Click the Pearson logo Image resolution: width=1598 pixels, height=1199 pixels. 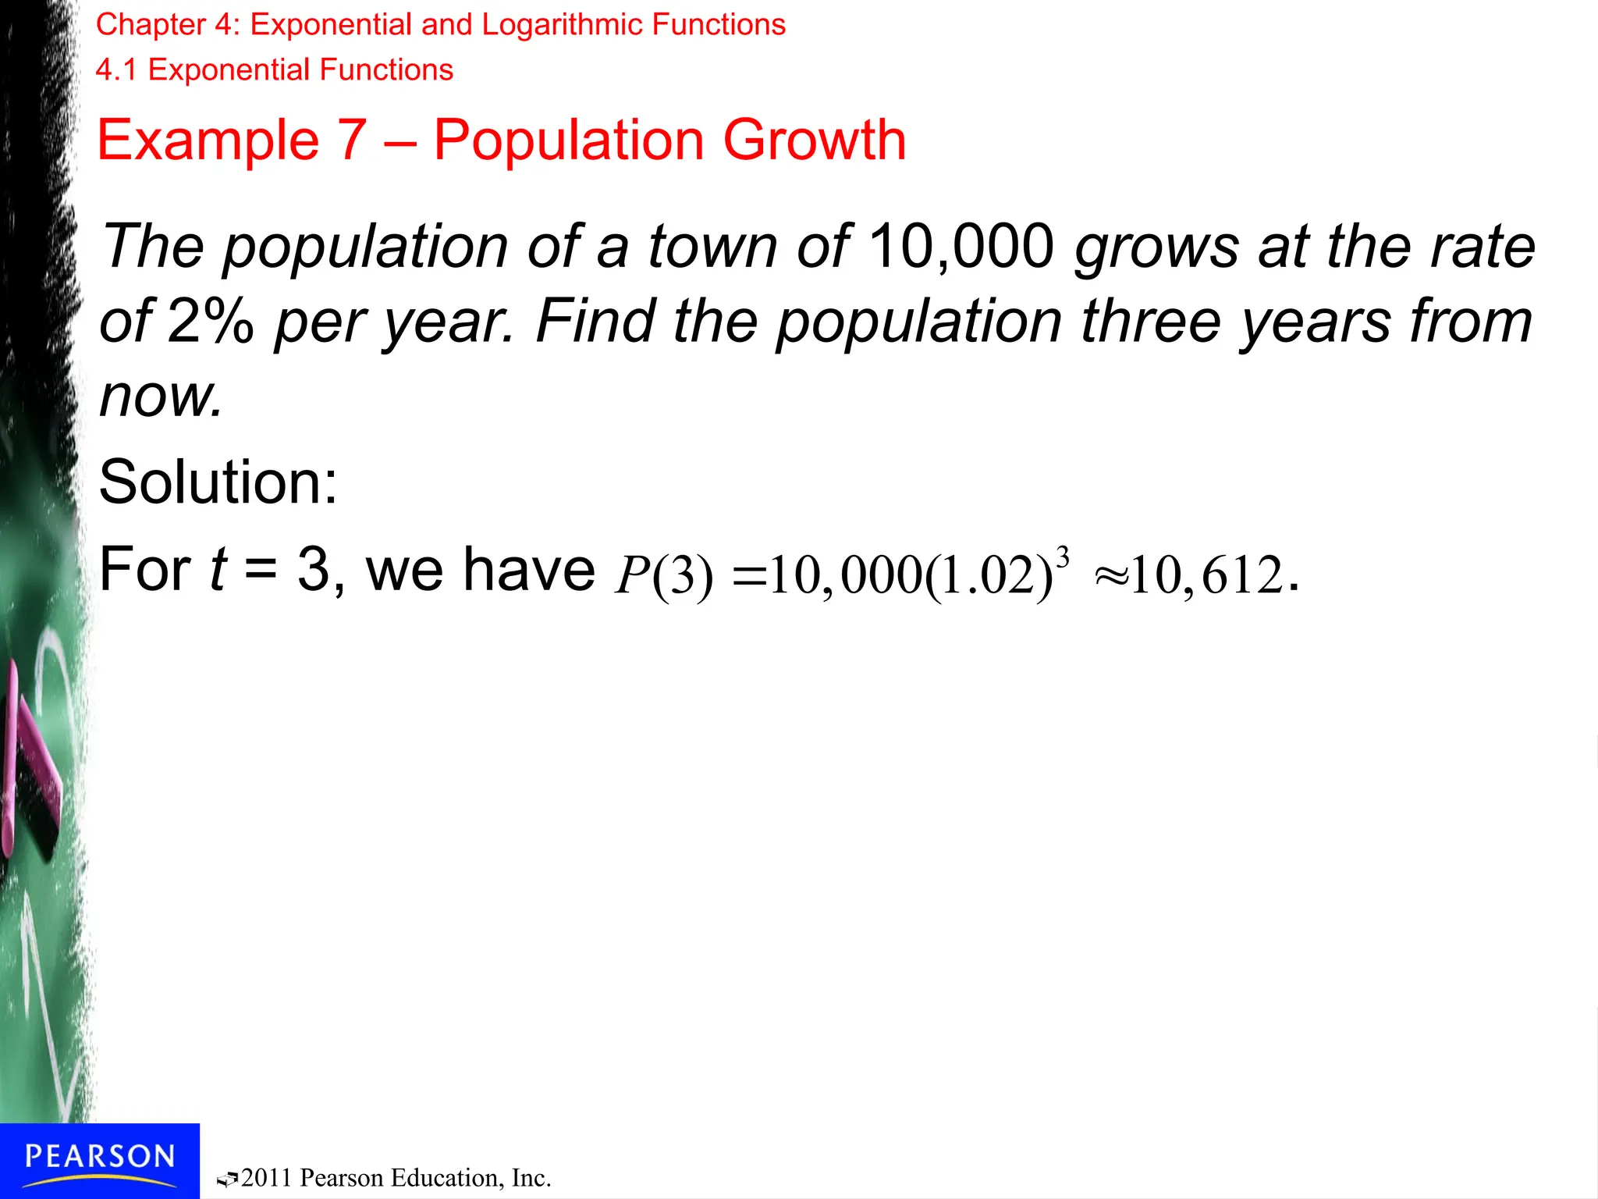pyautogui.click(x=99, y=1157)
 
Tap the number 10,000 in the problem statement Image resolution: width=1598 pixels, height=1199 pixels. pyautogui.click(x=961, y=247)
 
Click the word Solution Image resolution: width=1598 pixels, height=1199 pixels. pyautogui.click(x=218, y=482)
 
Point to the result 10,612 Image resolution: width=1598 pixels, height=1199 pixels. pyautogui.click(x=1206, y=576)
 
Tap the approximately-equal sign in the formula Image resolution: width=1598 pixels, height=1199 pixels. pyautogui.click(x=1111, y=578)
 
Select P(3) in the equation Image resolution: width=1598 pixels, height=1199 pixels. pyautogui.click(x=663, y=576)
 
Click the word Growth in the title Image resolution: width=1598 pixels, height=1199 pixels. pyautogui.click(x=815, y=141)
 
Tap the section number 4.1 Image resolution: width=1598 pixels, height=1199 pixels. pyautogui.click(x=116, y=70)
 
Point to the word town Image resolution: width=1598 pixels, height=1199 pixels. pyautogui.click(x=712, y=247)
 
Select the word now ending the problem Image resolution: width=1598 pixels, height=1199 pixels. pyautogui.click(x=160, y=397)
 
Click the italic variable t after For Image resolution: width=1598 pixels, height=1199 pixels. pyautogui.click(x=218, y=570)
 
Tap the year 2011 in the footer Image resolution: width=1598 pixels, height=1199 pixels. pyautogui.click(x=268, y=1178)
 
